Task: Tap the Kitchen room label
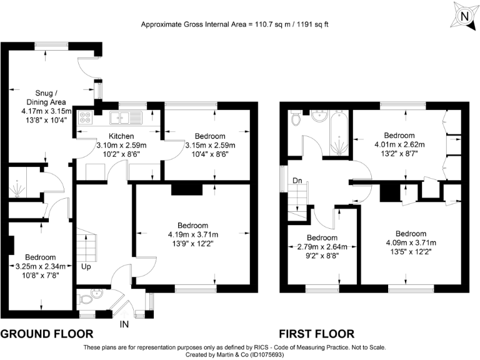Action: click(x=122, y=136)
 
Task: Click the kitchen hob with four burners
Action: click(x=86, y=117)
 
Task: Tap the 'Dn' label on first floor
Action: click(x=298, y=181)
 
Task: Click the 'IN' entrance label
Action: click(x=124, y=324)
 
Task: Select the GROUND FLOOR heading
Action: click(x=47, y=334)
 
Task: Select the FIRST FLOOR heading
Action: click(x=317, y=334)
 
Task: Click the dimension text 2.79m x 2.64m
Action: click(x=322, y=246)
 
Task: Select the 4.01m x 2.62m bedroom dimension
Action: click(x=399, y=144)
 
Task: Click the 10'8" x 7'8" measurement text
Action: click(x=40, y=274)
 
